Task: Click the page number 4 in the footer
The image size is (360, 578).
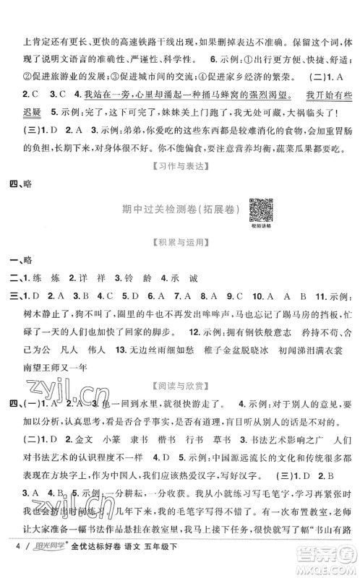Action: (x=7, y=562)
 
